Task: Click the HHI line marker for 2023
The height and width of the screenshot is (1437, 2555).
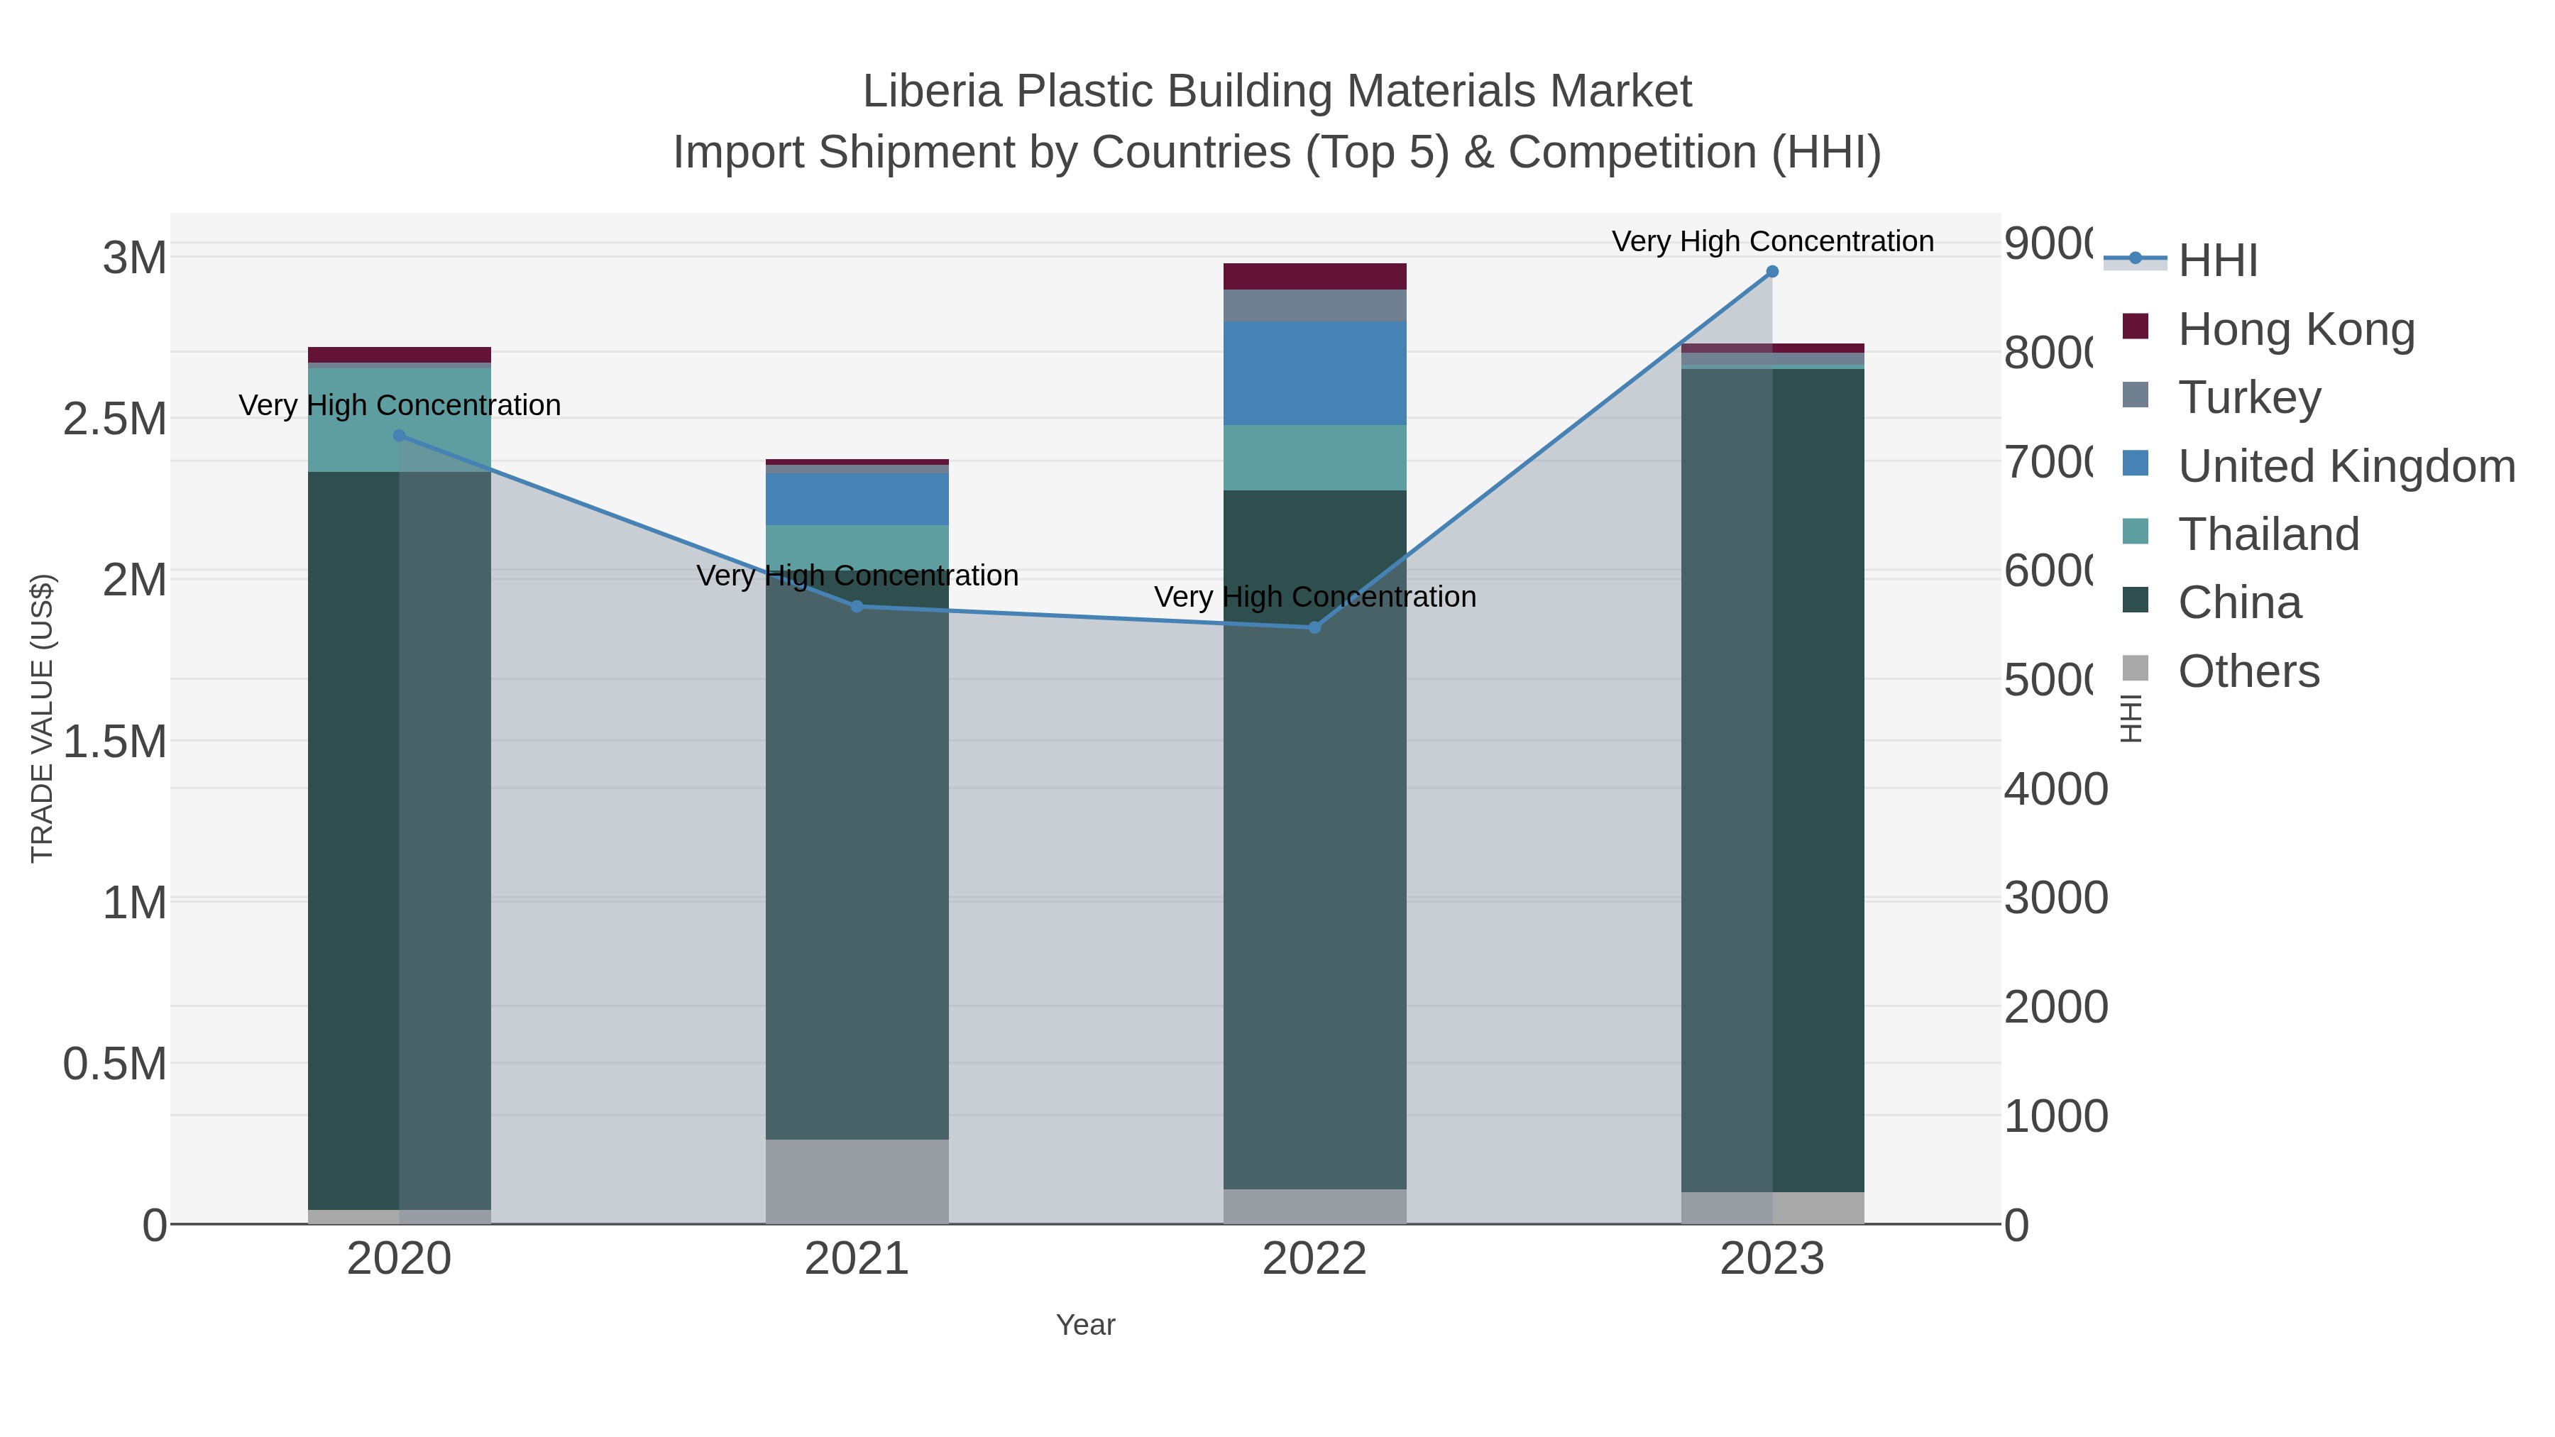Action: pyautogui.click(x=1771, y=272)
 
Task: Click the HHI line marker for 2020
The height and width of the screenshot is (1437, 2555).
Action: pyautogui.click(x=400, y=436)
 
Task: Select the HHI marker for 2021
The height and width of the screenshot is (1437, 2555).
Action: pyautogui.click(x=857, y=606)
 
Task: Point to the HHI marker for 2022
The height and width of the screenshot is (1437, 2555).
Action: pyautogui.click(x=1314, y=627)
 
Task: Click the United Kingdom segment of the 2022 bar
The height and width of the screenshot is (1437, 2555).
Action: pyautogui.click(x=1314, y=373)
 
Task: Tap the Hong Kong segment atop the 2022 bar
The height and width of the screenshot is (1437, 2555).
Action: pyautogui.click(x=1314, y=277)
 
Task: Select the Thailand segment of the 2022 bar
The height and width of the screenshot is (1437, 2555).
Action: pyautogui.click(x=1314, y=457)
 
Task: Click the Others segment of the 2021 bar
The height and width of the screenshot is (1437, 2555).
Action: pyautogui.click(x=857, y=1181)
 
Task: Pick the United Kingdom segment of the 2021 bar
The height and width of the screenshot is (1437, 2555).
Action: pyautogui.click(x=857, y=499)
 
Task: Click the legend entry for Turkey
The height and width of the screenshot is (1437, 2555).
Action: pyautogui.click(x=2248, y=397)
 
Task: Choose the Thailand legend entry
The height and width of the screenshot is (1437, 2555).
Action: pyautogui.click(x=2268, y=534)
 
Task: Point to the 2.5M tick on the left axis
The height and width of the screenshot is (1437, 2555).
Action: pyautogui.click(x=115, y=419)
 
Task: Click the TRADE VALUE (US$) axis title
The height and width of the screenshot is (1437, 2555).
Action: pyautogui.click(x=42, y=718)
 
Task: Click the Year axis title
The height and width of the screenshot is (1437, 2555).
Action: pyautogui.click(x=1085, y=1325)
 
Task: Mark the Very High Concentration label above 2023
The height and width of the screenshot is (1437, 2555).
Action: pyautogui.click(x=1771, y=241)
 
